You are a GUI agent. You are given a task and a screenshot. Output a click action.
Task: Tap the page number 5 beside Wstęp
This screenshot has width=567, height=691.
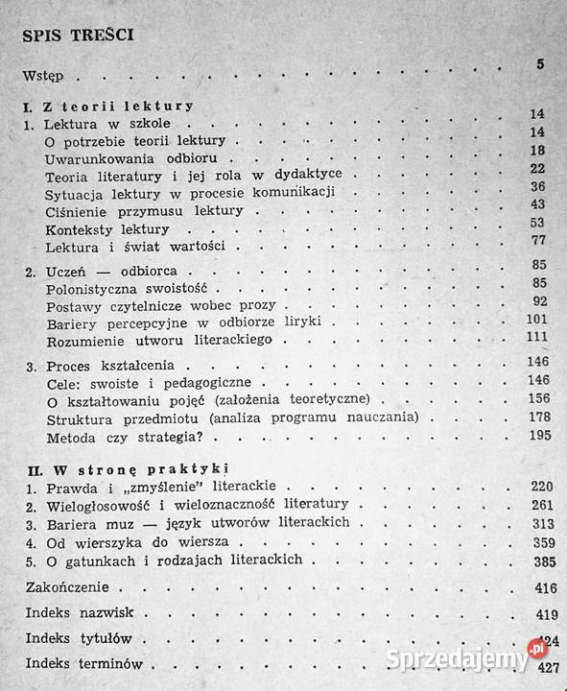[x=540, y=65]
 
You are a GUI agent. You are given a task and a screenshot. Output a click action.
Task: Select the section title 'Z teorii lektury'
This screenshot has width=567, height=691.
[x=106, y=107]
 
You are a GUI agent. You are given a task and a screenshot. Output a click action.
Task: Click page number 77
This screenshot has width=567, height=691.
[x=537, y=240]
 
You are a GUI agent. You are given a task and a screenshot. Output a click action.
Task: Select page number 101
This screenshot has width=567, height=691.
[x=535, y=320]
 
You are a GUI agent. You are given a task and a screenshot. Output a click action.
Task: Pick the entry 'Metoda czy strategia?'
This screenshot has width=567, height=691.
[x=120, y=439]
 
